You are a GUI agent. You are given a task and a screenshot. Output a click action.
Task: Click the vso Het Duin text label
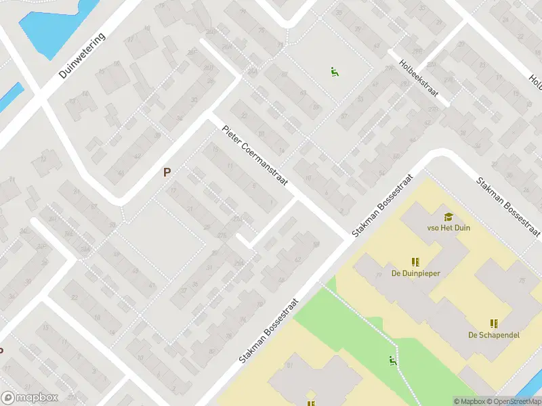click(449, 228)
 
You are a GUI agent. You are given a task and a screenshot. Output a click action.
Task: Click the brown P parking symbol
click(167, 173)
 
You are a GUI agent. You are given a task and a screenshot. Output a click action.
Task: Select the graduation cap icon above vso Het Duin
click(448, 217)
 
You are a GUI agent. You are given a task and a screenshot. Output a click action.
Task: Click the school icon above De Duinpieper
click(415, 262)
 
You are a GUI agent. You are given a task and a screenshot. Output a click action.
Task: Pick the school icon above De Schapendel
click(494, 323)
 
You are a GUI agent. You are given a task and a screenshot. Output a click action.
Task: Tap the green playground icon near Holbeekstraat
click(334, 71)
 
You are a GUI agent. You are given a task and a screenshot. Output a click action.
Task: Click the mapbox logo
click(29, 398)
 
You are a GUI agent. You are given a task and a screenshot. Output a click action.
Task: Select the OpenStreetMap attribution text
click(513, 401)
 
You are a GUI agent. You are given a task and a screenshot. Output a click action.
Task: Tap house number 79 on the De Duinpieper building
click(379, 275)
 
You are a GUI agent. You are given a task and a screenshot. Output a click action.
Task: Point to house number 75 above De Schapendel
click(522, 280)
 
